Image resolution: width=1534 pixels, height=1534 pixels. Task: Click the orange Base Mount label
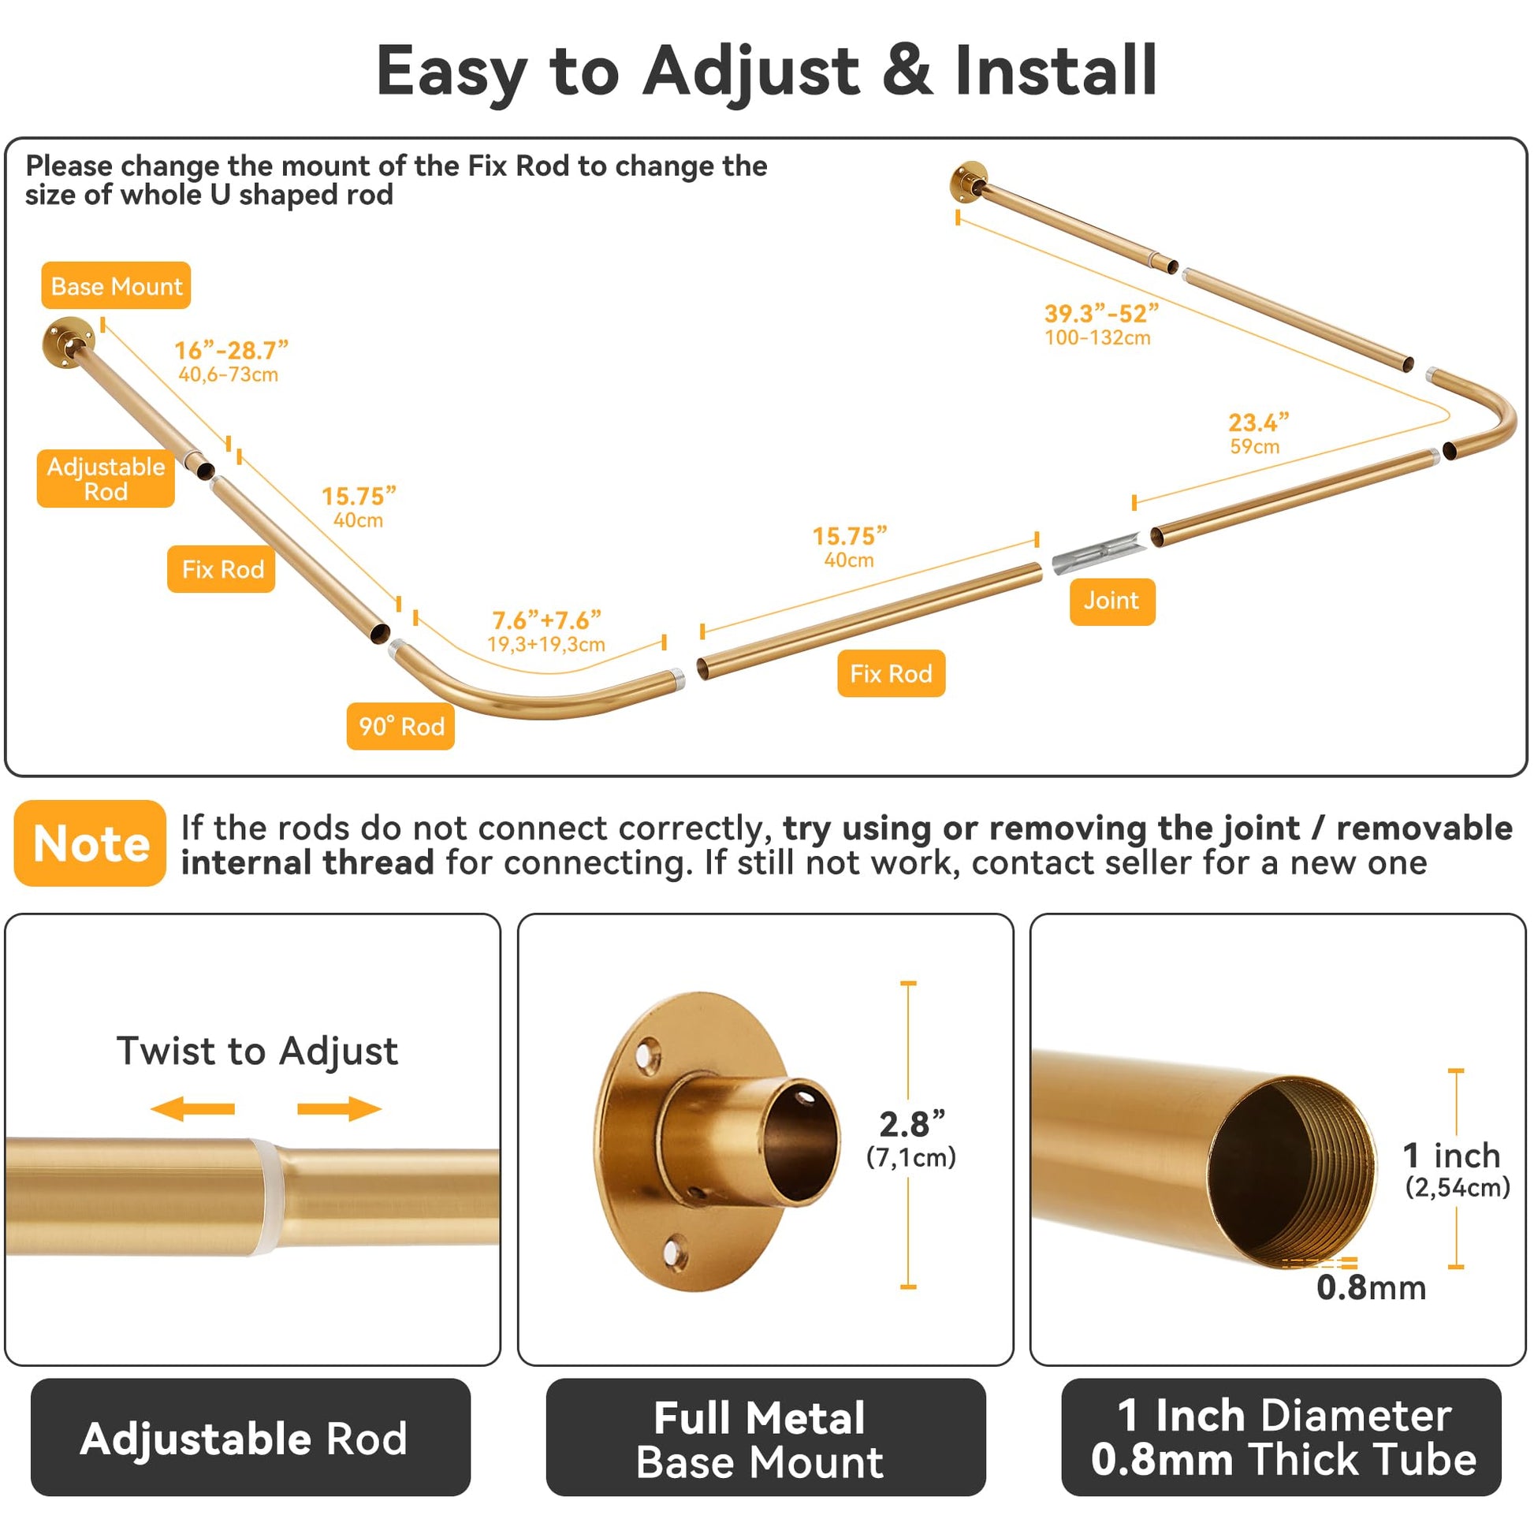pos(116,285)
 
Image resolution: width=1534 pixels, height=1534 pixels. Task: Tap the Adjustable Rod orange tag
pos(106,478)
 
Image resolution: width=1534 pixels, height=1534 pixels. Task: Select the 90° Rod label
pos(400,726)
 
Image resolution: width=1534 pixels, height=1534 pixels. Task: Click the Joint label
pos(1111,601)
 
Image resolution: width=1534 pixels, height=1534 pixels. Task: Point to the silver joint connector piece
pos(1099,554)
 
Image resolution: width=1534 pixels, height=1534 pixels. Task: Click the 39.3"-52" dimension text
pos(1101,313)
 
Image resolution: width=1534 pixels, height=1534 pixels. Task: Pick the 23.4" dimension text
pos(1258,422)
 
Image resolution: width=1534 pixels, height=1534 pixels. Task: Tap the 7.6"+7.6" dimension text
pos(546,620)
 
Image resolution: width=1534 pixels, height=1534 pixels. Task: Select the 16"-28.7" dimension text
pos(231,349)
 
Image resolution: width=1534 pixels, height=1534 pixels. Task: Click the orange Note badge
pos(90,843)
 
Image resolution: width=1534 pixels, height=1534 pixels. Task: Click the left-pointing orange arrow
pos(192,1108)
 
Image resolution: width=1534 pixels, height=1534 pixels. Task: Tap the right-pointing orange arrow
pos(340,1108)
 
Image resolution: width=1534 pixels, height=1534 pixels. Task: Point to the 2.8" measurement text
pos(912,1123)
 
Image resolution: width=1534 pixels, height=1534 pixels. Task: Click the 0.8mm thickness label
pos(1372,1287)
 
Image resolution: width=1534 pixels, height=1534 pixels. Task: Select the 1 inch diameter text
pos(1451,1156)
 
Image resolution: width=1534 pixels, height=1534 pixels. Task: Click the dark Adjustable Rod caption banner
pos(250,1438)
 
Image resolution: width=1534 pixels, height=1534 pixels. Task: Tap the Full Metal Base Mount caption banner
pos(765,1438)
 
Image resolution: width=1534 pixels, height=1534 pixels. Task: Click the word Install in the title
pos(1056,70)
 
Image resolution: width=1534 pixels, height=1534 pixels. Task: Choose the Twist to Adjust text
pos(257,1052)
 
